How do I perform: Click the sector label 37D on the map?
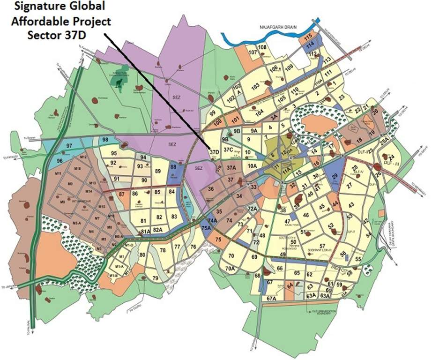[215, 152]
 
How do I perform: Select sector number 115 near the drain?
[308, 37]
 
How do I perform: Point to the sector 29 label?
[335, 177]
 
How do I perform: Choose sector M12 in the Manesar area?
[84, 157]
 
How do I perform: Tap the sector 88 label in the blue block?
[173, 166]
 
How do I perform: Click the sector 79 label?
[156, 279]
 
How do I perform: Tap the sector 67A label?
[271, 298]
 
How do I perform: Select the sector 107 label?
[253, 52]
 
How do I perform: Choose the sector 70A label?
[230, 269]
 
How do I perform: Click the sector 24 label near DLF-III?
[392, 157]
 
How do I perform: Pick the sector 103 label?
[255, 87]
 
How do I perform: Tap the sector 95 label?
[114, 153]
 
